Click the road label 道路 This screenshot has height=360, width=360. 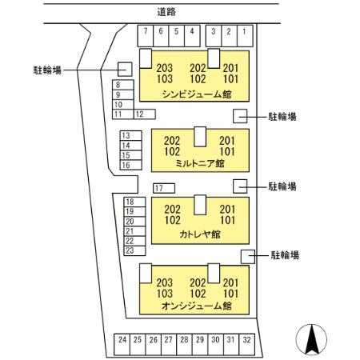click(x=166, y=12)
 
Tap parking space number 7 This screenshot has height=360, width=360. click(x=146, y=36)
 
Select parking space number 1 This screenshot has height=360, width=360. click(x=245, y=36)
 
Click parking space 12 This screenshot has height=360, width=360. click(x=145, y=114)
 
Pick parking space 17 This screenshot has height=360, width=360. click(x=164, y=188)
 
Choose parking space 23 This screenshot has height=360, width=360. click(x=134, y=250)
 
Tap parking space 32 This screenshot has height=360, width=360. click(x=247, y=345)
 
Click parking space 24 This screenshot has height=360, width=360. click(x=122, y=345)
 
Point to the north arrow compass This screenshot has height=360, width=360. click(x=311, y=340)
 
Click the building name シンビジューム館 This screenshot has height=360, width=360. click(x=197, y=94)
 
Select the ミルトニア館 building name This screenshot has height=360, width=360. click(x=200, y=163)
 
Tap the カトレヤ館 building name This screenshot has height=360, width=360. click(x=200, y=234)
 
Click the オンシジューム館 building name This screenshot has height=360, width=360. click(x=197, y=306)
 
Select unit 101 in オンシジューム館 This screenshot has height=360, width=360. click(x=230, y=294)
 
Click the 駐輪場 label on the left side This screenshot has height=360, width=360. click(x=47, y=70)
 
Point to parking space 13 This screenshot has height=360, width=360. click(x=130, y=136)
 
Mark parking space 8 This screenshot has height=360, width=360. click(x=123, y=85)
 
